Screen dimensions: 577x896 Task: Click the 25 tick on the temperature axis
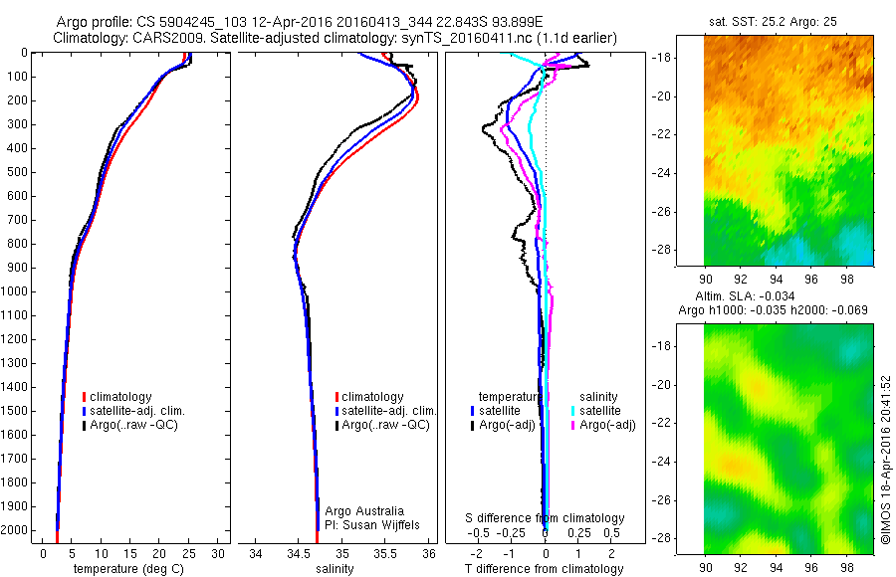pos(190,553)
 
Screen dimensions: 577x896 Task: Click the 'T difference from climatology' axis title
pos(546,569)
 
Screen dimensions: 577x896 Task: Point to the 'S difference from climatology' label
pos(546,518)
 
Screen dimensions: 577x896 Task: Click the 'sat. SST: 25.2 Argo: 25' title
pos(784,21)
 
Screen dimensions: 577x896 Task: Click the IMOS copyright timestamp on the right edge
pos(886,460)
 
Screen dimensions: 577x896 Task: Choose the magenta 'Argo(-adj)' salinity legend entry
pos(608,426)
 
